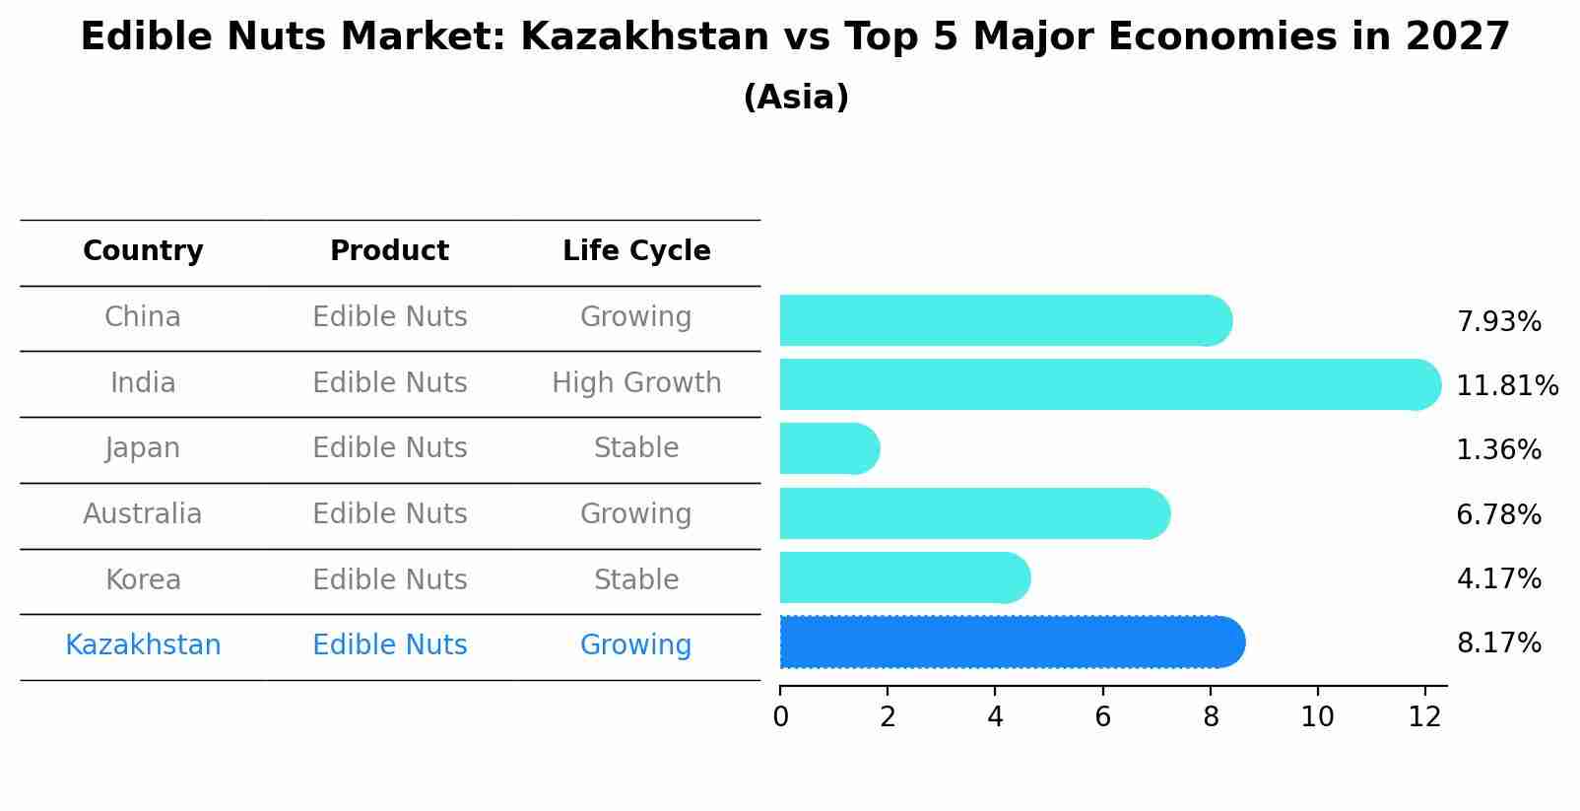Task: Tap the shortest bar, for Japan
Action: coord(828,449)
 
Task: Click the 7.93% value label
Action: coord(1498,322)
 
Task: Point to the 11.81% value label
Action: coord(1506,386)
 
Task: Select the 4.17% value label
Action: coord(1498,578)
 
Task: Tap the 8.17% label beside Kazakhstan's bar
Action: coord(1498,643)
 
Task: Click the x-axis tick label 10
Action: coord(1317,717)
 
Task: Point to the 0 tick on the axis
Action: coord(781,717)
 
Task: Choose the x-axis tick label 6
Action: coord(1102,717)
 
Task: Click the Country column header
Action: coord(143,251)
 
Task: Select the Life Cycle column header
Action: coord(636,251)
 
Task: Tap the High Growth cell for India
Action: coord(636,383)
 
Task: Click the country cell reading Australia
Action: coord(143,514)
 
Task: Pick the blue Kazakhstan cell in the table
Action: coord(143,645)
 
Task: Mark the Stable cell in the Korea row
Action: coord(636,580)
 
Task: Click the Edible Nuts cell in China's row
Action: coord(389,317)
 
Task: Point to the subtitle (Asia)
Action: coord(795,98)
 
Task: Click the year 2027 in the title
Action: coord(1457,37)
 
